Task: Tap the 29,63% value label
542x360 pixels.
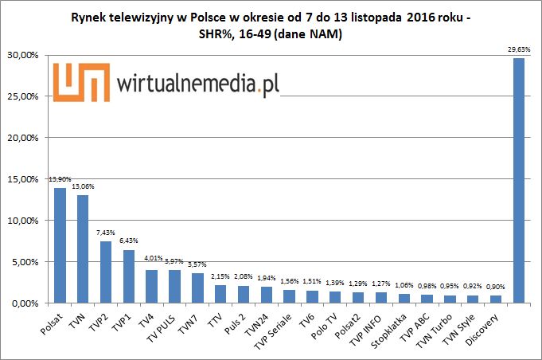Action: (x=518, y=49)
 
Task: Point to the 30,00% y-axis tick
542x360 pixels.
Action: (x=25, y=55)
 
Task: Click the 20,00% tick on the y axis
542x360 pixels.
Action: (x=25, y=138)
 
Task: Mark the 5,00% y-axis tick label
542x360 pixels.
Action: (x=27, y=262)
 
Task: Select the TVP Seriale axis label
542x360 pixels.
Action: (x=271, y=327)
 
